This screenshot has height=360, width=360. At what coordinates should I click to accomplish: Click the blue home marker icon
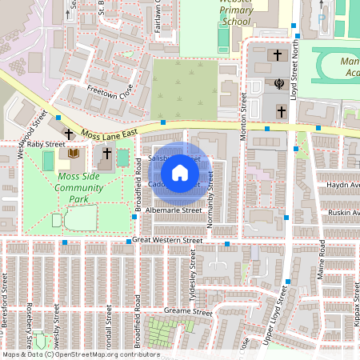click(180, 172)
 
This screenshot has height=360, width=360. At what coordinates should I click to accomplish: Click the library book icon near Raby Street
click(74, 153)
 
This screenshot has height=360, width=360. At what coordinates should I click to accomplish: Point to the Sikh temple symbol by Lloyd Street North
click(280, 82)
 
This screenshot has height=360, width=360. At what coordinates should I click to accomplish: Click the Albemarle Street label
click(175, 210)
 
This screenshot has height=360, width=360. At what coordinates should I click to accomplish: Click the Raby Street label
click(46, 144)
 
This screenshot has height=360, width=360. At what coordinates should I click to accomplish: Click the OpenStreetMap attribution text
click(80, 354)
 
